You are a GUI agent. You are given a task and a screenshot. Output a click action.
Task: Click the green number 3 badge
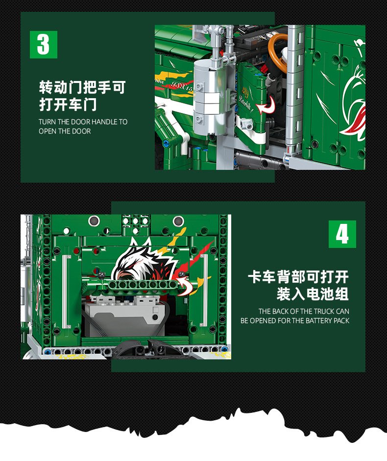pos(44,44)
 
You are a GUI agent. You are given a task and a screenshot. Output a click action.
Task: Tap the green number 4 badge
pos(342,234)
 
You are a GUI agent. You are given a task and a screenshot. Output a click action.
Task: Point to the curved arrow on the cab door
pos(266,105)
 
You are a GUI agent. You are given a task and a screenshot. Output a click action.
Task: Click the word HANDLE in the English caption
pos(104,122)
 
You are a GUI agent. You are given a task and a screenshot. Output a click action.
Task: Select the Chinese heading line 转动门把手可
pos(82,87)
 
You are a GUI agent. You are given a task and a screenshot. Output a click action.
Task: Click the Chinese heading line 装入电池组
pos(313,294)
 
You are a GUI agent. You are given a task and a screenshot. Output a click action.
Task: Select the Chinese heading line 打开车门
pos(68,105)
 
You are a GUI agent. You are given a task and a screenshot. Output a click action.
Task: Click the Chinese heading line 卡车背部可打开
pos(298,277)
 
